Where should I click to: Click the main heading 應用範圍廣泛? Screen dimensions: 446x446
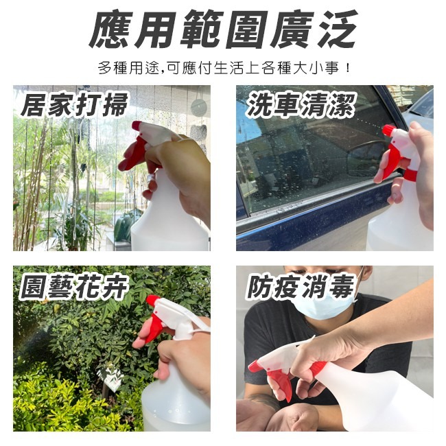[x=223, y=31]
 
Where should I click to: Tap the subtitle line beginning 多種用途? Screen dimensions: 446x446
[x=223, y=69]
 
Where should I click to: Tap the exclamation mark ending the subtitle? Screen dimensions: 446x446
[x=349, y=69]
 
